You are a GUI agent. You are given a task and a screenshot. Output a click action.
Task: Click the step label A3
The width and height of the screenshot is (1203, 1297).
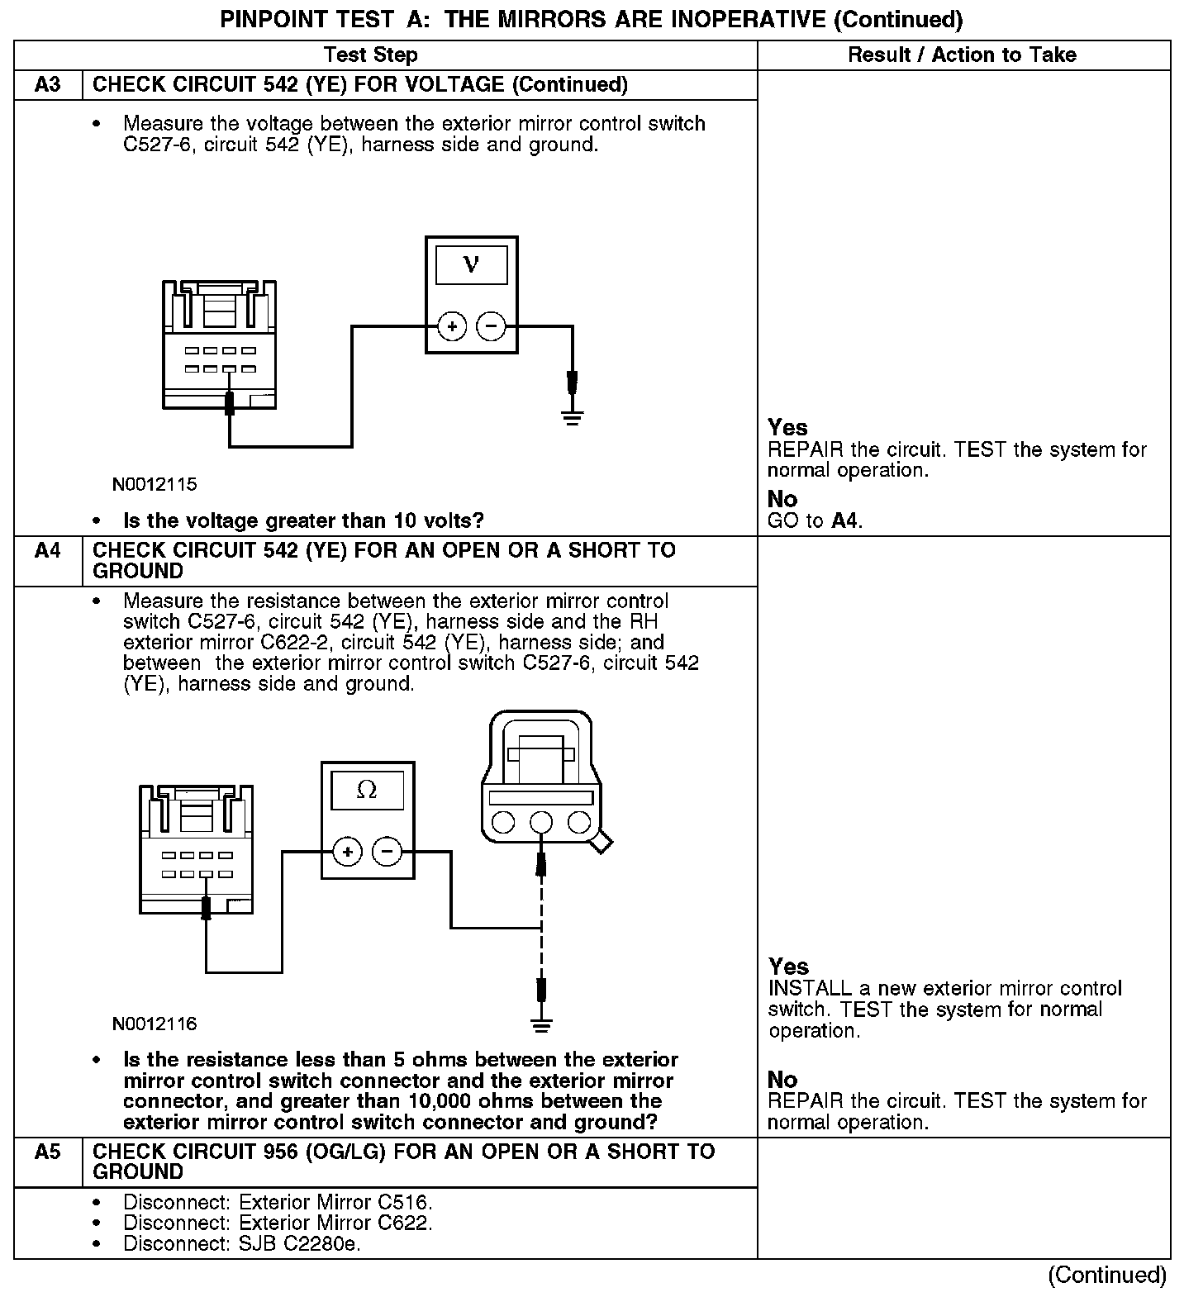click(x=48, y=85)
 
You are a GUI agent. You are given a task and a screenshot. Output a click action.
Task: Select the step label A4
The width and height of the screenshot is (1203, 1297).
click(x=48, y=550)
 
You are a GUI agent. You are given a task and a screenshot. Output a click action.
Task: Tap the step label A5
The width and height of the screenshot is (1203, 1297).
click(x=48, y=1152)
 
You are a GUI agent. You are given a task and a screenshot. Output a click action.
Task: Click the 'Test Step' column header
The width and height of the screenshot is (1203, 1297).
click(x=370, y=55)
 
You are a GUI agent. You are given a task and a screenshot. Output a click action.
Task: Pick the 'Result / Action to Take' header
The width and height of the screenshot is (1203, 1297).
click(x=963, y=55)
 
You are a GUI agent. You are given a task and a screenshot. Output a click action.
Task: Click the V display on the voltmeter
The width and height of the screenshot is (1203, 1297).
click(x=471, y=264)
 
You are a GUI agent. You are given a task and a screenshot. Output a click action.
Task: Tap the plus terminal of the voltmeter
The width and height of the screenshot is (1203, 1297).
click(x=451, y=326)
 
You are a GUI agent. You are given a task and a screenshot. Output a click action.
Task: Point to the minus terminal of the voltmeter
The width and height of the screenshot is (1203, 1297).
click(x=492, y=326)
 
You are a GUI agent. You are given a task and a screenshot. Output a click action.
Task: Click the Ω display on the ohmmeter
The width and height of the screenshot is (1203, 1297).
click(x=367, y=791)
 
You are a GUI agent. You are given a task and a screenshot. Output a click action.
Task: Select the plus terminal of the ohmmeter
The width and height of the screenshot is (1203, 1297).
click(x=348, y=852)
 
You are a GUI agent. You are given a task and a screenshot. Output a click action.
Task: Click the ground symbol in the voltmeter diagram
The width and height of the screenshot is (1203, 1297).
click(x=572, y=416)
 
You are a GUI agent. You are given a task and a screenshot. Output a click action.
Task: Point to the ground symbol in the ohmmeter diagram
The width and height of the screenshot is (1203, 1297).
click(x=541, y=1026)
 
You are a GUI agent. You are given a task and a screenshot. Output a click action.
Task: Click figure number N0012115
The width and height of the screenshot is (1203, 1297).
click(x=155, y=485)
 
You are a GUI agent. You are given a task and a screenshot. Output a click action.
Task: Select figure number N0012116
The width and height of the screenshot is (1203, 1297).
click(x=155, y=1024)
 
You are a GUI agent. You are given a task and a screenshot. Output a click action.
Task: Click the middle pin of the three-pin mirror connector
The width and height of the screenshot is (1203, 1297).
click(x=541, y=822)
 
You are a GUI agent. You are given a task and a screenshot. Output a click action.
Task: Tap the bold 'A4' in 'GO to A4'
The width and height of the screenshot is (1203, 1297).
click(x=845, y=521)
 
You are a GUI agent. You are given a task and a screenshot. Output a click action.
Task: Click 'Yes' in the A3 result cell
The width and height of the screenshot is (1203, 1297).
click(x=787, y=427)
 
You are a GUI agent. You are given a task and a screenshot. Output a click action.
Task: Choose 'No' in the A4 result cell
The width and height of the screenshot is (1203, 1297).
click(x=782, y=1080)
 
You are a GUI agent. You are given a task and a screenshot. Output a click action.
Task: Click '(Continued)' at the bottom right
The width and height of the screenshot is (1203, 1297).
click(x=1107, y=1276)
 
